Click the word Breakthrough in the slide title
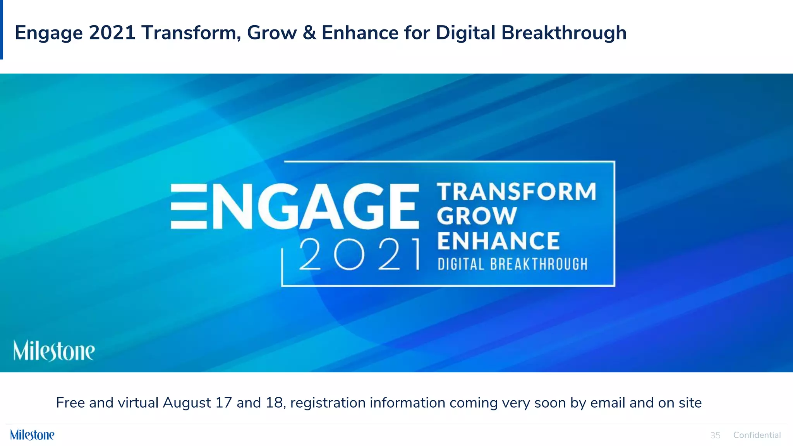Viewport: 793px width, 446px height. click(x=564, y=33)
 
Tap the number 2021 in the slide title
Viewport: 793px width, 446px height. click(x=112, y=33)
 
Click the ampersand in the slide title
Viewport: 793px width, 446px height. click(x=309, y=33)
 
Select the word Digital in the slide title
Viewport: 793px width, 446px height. click(x=465, y=33)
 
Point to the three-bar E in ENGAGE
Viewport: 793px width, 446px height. click(x=189, y=206)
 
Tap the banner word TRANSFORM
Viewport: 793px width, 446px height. click(x=517, y=192)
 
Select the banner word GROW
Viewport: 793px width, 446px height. click(x=477, y=216)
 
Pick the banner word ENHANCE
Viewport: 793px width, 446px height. click(x=499, y=241)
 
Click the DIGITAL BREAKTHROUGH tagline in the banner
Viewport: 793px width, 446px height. click(x=513, y=264)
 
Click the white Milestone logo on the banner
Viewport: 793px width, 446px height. click(x=54, y=351)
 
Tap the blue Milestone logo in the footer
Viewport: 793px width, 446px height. click(x=32, y=435)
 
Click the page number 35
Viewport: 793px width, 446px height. click(x=715, y=435)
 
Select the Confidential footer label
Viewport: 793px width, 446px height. click(x=757, y=435)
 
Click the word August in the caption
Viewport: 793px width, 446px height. click(x=187, y=403)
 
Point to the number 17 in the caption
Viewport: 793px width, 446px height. click(x=223, y=403)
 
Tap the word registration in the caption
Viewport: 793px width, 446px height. click(x=328, y=403)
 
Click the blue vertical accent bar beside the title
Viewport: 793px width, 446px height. click(x=2, y=29)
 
